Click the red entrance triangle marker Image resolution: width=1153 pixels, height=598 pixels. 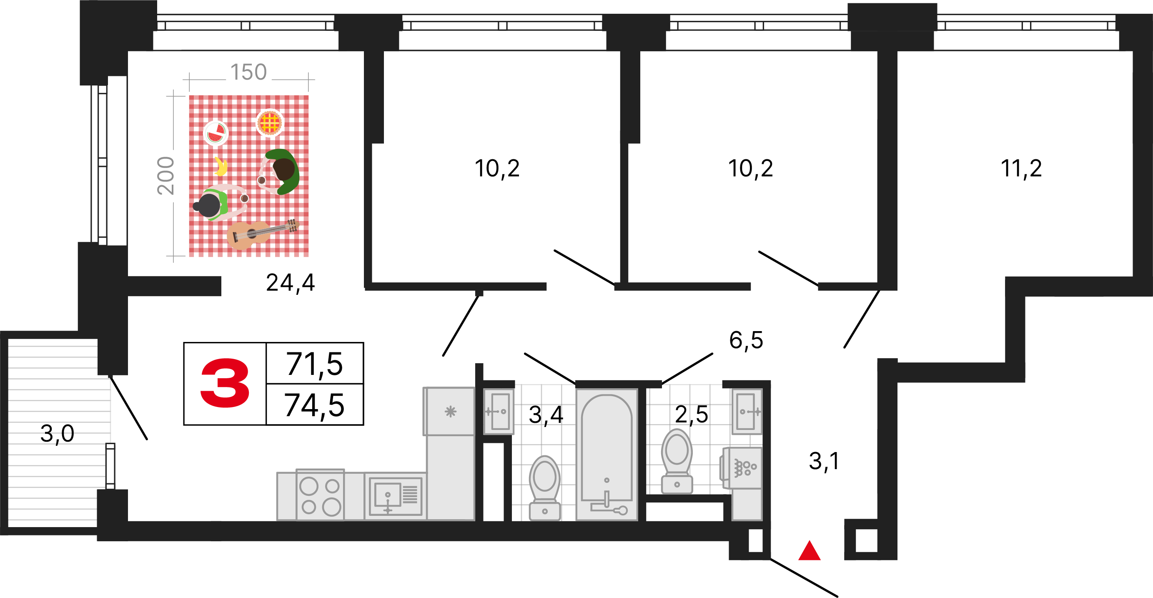pos(809,551)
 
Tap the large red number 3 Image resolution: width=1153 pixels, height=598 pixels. pos(225,383)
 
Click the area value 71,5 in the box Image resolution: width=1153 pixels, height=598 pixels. pos(314,364)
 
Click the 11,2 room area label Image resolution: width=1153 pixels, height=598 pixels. pos(1021,169)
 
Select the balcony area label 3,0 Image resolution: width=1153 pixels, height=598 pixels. pos(57,434)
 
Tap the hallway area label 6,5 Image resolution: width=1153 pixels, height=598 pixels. pos(746,340)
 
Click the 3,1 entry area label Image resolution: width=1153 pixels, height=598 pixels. pos(824,461)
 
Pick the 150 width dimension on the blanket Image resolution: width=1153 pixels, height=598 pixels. pos(248,72)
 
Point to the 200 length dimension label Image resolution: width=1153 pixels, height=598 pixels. pos(165,176)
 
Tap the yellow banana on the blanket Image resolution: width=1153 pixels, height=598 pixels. pos(220,166)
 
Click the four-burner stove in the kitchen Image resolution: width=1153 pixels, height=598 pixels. pos(320,495)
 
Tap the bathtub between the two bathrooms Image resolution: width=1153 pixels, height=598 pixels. pos(607,454)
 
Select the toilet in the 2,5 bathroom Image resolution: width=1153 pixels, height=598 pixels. pos(677,461)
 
